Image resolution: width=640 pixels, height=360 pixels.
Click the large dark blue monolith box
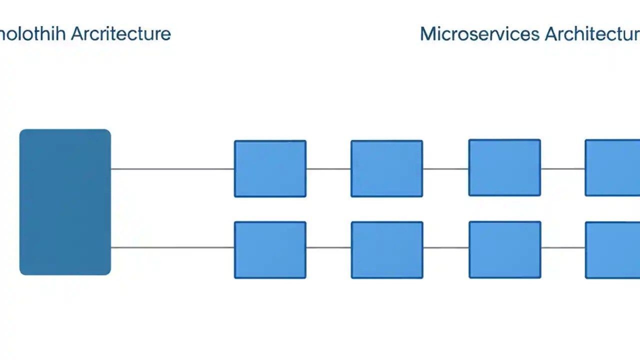(x=65, y=202)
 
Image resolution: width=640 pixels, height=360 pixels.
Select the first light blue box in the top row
(x=270, y=168)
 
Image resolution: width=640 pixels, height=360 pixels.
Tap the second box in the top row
(x=386, y=168)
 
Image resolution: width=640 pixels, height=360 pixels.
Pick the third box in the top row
(x=504, y=167)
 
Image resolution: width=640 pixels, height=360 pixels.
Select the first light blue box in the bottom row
(x=270, y=250)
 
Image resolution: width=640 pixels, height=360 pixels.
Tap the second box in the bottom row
(x=387, y=250)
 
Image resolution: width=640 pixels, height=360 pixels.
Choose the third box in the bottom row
(x=505, y=249)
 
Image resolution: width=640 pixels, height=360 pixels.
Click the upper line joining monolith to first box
(x=172, y=169)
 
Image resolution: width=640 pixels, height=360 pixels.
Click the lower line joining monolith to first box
(x=172, y=247)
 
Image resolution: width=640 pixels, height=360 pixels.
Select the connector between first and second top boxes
(x=328, y=169)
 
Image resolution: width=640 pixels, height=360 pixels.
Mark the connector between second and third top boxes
(x=445, y=169)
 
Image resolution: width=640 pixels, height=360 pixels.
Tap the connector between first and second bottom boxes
(x=328, y=247)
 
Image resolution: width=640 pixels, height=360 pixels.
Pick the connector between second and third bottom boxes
(x=446, y=247)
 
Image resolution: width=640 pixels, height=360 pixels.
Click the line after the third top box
(x=563, y=169)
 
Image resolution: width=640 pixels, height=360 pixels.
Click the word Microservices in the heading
(x=479, y=34)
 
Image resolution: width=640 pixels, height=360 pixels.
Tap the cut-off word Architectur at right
(x=592, y=34)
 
